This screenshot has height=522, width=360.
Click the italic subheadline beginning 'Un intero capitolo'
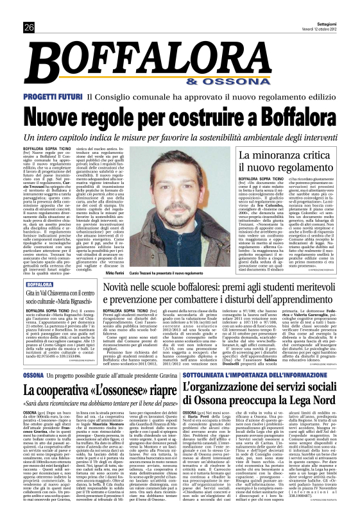[180, 138]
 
